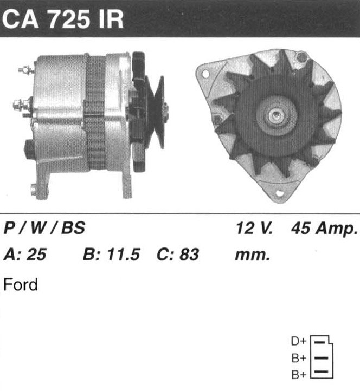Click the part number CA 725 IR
click(63, 19)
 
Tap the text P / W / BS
click(44, 227)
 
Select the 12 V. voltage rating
click(254, 227)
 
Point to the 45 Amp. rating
click(324, 228)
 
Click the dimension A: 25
click(25, 255)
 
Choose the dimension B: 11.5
click(111, 255)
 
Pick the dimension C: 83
click(178, 255)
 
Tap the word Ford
click(21, 284)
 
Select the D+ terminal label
click(299, 341)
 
